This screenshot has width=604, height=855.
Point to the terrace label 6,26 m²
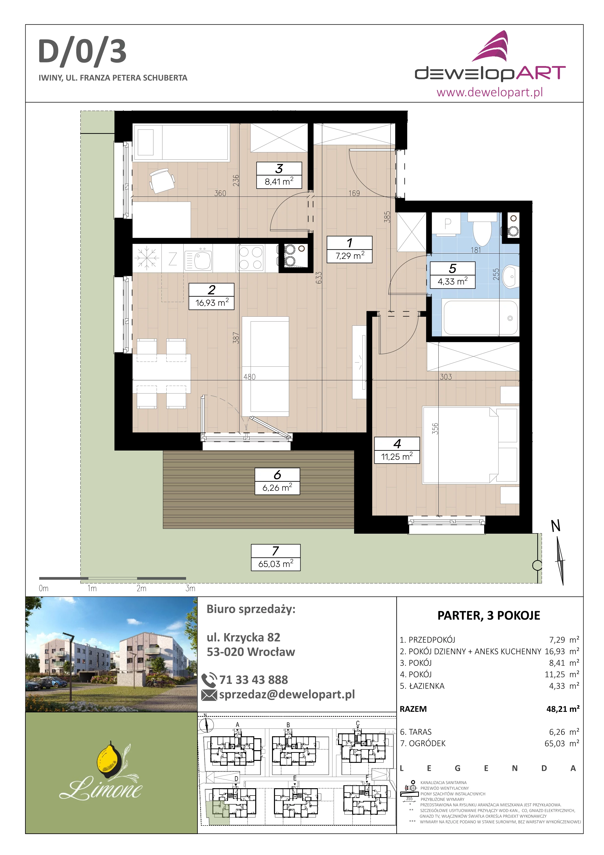click(277, 482)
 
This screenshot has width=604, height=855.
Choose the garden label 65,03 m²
click(276, 558)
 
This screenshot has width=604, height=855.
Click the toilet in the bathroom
click(482, 228)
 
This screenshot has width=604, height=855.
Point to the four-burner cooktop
click(250, 258)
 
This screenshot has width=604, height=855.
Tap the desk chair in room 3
click(162, 181)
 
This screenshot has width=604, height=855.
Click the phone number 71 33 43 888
click(253, 680)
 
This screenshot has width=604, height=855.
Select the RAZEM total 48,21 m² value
click(563, 709)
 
